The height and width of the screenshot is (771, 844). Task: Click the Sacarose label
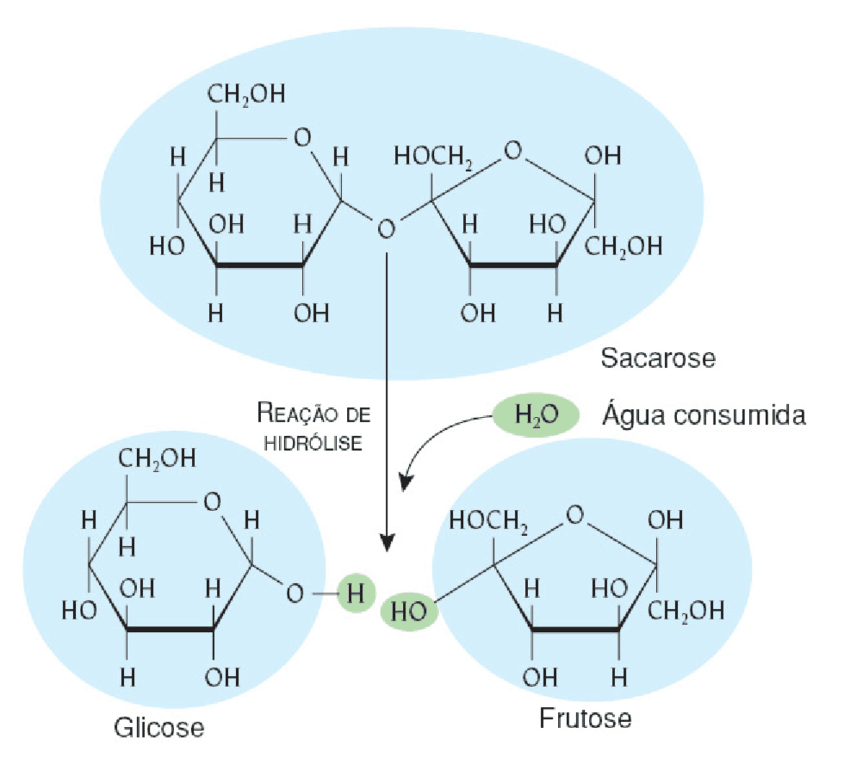pyautogui.click(x=658, y=359)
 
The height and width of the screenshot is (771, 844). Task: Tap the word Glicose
pyautogui.click(x=159, y=727)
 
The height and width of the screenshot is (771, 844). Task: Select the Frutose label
pyautogui.click(x=586, y=718)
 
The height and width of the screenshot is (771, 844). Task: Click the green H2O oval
pyautogui.click(x=536, y=415)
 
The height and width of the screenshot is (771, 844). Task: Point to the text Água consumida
pyautogui.click(x=704, y=415)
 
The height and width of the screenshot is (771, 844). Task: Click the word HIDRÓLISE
pyautogui.click(x=313, y=443)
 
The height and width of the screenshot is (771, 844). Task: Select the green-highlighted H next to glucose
pyautogui.click(x=355, y=593)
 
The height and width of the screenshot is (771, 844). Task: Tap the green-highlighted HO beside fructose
pyautogui.click(x=409, y=611)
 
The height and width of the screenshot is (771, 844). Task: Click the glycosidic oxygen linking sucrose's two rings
pyautogui.click(x=386, y=229)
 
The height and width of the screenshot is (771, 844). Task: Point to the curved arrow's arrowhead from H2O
pyautogui.click(x=405, y=483)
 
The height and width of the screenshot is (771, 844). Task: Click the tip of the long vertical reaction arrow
pyautogui.click(x=386, y=551)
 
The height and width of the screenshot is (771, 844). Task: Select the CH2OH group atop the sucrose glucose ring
pyautogui.click(x=246, y=94)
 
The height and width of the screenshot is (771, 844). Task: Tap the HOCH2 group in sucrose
pyautogui.click(x=433, y=157)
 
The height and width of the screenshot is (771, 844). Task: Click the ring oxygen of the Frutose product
pyautogui.click(x=575, y=514)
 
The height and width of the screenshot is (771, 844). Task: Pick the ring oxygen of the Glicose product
pyautogui.click(x=212, y=502)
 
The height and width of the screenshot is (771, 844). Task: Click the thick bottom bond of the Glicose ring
pyautogui.click(x=170, y=629)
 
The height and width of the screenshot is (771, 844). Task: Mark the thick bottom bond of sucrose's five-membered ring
pyautogui.click(x=513, y=265)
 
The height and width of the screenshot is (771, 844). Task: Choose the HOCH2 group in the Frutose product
pyautogui.click(x=489, y=522)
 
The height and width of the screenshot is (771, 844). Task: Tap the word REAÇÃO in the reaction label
pyautogui.click(x=297, y=413)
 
